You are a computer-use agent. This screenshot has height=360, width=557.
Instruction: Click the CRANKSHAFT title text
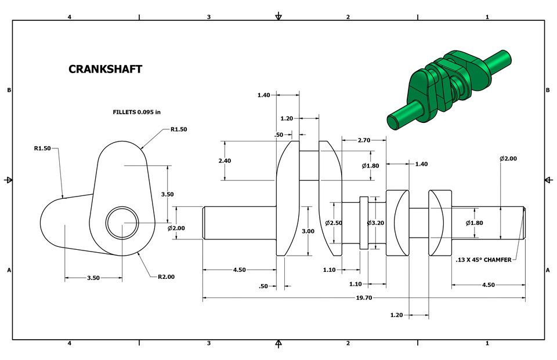105,69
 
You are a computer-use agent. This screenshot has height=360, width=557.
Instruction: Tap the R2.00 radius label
166,277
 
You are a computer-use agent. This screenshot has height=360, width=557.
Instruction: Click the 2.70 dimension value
364,140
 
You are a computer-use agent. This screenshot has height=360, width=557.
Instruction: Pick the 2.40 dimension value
225,161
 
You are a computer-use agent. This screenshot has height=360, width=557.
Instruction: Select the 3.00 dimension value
308,231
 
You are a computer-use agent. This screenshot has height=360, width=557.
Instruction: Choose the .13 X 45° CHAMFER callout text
483,260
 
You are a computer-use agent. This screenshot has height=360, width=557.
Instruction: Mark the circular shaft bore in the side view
122,221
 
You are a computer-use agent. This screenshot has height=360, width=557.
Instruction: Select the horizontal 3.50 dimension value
93,278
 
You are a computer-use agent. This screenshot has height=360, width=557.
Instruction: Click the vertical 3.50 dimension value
167,194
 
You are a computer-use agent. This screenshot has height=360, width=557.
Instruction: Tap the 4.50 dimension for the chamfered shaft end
489,285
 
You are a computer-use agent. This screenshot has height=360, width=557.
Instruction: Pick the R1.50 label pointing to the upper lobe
179,129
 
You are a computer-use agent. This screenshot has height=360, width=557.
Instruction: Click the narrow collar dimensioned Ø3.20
364,223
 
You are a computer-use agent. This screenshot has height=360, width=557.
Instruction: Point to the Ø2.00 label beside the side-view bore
176,228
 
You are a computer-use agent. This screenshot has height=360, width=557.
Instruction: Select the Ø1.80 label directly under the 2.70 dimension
370,166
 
